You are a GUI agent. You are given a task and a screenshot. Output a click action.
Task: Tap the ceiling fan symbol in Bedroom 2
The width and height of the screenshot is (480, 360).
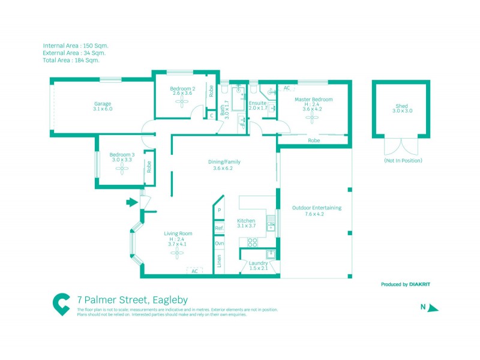(x=182, y=101)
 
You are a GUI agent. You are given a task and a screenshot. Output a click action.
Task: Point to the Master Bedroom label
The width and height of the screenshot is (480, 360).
(x=313, y=100)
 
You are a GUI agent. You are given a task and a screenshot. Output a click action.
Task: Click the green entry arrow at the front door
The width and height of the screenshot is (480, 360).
(x=131, y=203)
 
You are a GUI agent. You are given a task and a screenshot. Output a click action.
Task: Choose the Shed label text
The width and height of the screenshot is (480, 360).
(x=402, y=106)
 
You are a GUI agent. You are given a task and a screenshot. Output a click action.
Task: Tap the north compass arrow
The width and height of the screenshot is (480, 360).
(x=434, y=308)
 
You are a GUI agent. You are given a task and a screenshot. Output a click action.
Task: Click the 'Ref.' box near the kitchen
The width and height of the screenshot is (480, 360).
(x=220, y=229)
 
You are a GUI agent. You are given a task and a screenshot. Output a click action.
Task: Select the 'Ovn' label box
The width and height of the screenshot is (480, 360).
(x=220, y=243)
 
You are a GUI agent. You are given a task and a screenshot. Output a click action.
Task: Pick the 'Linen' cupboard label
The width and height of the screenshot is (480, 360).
(x=220, y=261)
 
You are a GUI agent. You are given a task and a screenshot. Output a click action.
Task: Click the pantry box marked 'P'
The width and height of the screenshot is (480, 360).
(x=220, y=211)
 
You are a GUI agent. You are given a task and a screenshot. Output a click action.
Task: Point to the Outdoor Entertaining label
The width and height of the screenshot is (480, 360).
(x=316, y=208)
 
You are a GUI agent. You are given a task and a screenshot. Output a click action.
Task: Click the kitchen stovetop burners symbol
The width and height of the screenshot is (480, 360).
(x=253, y=242)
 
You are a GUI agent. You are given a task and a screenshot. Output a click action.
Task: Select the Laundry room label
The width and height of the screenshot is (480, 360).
(x=259, y=263)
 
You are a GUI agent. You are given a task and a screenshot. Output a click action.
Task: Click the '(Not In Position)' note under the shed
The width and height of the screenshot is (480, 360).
(x=403, y=161)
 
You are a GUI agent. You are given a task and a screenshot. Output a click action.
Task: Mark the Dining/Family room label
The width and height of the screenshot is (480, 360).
(x=222, y=161)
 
